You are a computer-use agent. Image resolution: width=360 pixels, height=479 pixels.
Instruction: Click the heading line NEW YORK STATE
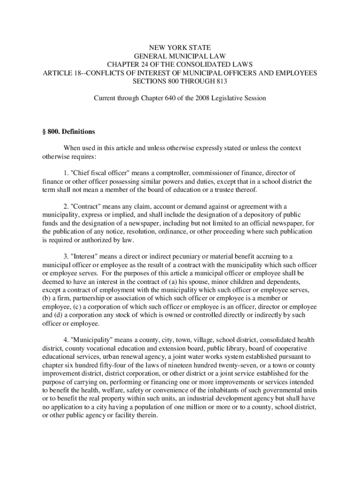(x=180, y=48)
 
